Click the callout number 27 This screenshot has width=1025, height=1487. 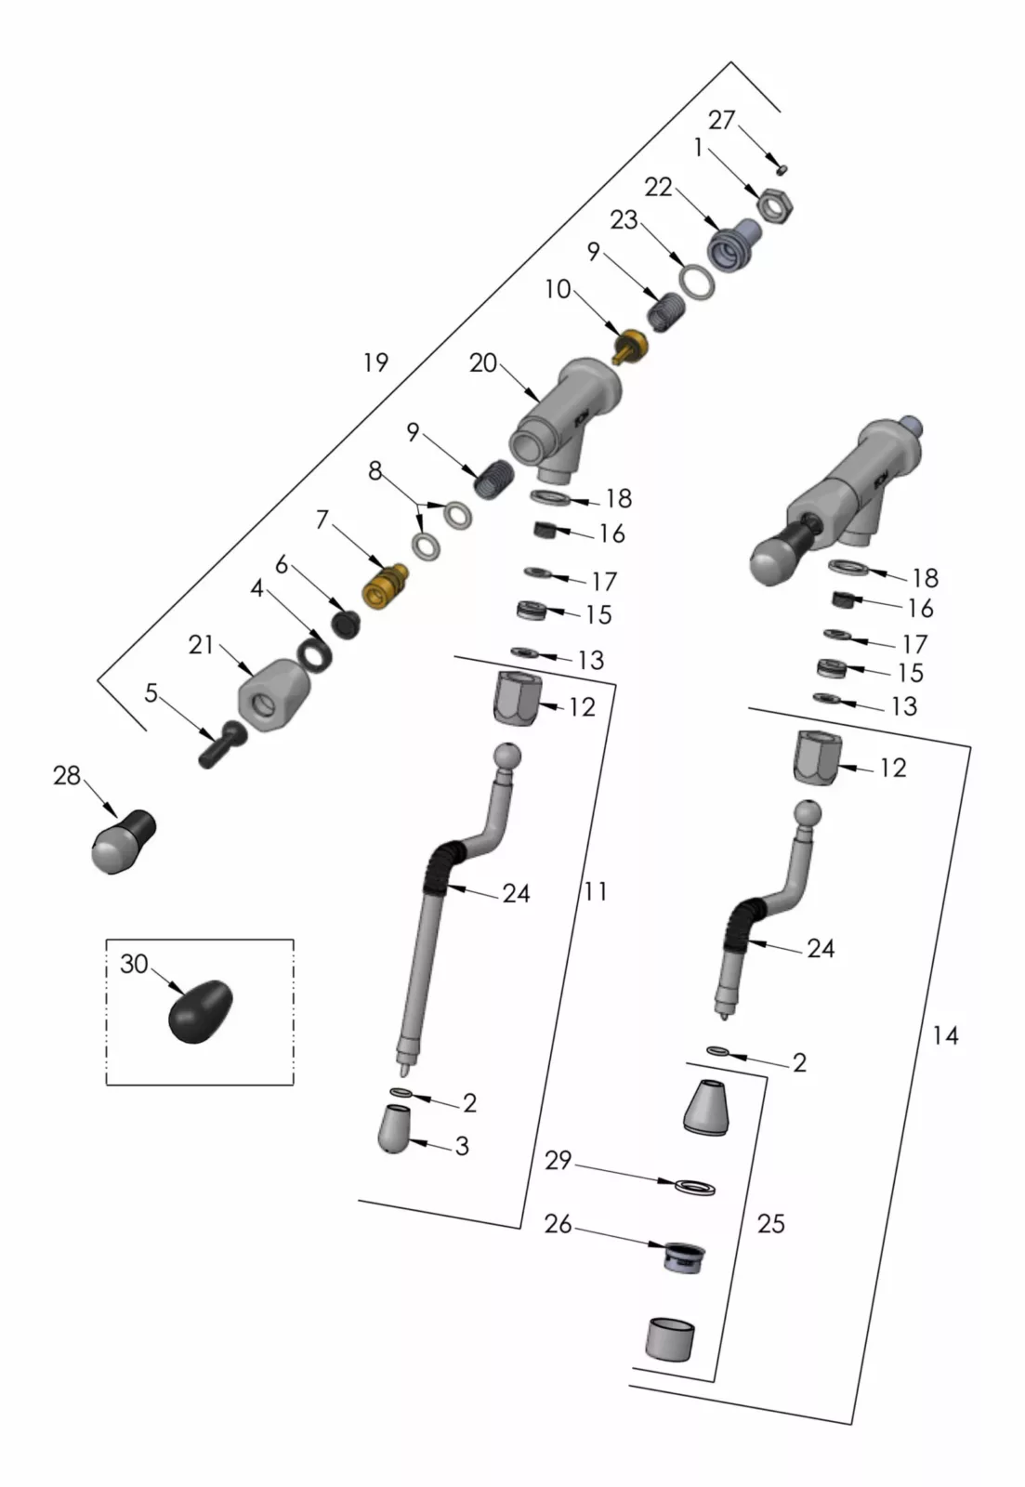(x=721, y=120)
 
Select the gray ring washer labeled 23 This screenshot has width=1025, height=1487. (x=697, y=282)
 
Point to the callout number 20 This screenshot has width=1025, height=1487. (x=483, y=363)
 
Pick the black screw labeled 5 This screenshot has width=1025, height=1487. (x=219, y=743)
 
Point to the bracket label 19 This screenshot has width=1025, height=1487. (x=375, y=362)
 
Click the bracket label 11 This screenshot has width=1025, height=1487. (x=595, y=891)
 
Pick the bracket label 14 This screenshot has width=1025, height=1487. (x=944, y=1034)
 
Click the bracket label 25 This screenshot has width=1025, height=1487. (x=771, y=1223)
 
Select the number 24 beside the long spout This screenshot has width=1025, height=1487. (x=516, y=893)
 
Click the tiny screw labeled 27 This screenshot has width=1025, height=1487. (x=782, y=169)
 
